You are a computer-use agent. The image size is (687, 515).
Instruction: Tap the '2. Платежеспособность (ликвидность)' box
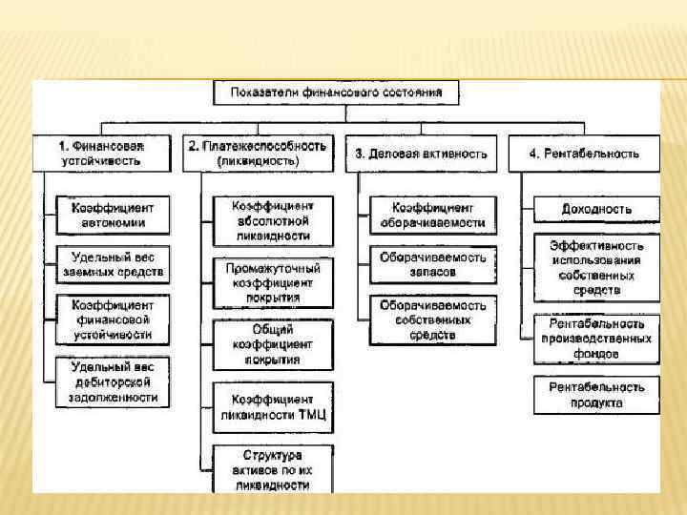(x=257, y=153)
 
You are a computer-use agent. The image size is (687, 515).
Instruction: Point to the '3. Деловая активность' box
(x=421, y=153)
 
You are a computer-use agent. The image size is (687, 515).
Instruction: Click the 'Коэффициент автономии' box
(x=112, y=216)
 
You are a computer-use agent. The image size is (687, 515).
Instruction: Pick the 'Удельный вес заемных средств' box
(x=112, y=265)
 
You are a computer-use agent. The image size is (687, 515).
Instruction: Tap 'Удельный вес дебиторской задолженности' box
(x=112, y=381)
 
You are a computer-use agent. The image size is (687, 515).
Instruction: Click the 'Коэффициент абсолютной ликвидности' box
(x=272, y=220)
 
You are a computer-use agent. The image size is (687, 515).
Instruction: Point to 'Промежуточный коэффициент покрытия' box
(x=272, y=282)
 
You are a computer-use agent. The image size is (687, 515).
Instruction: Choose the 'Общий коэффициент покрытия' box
(x=272, y=344)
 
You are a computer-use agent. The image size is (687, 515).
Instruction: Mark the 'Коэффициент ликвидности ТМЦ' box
(x=272, y=407)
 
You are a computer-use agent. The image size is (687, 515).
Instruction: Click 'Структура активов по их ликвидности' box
(x=272, y=468)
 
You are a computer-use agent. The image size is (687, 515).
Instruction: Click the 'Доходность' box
(x=596, y=209)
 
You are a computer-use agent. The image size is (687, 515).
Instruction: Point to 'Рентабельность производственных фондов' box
(x=596, y=339)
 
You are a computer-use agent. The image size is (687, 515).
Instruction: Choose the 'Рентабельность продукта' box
(x=596, y=395)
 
